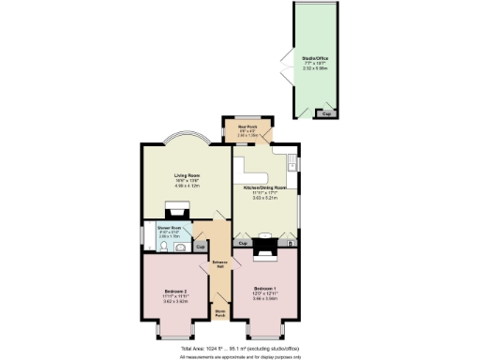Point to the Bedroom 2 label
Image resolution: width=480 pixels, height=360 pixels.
click(176, 292)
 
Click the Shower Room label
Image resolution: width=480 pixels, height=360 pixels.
click(170, 228)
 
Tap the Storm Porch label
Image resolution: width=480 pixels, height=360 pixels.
click(220, 312)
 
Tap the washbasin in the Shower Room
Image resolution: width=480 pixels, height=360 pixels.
click(180, 238)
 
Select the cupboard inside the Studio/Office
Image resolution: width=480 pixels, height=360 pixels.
click(326, 112)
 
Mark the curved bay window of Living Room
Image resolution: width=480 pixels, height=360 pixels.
click(184, 140)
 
